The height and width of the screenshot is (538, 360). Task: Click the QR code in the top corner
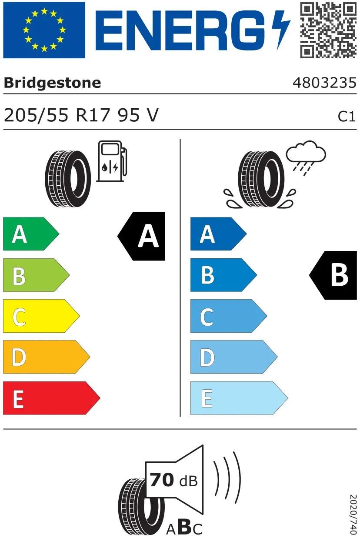click(x=328, y=30)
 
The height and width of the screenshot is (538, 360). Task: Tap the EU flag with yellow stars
click(x=44, y=30)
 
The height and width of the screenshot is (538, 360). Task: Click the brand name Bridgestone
click(x=52, y=83)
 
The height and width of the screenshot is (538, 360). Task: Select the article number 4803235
click(x=324, y=83)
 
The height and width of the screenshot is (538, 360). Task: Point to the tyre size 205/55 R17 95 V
click(x=81, y=115)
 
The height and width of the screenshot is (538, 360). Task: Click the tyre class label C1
click(x=347, y=117)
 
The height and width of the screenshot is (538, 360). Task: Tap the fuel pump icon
click(x=112, y=161)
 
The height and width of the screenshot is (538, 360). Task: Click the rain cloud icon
click(x=306, y=158)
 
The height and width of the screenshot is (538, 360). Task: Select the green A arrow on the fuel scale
click(x=31, y=234)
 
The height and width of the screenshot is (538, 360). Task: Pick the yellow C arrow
click(x=41, y=316)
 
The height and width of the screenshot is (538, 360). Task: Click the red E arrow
click(x=52, y=398)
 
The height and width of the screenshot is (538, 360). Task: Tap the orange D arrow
click(x=47, y=357)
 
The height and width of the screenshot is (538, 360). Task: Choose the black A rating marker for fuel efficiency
click(x=141, y=236)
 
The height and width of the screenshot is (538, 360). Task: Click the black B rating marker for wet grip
click(x=333, y=275)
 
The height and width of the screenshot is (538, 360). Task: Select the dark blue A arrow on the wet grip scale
click(x=219, y=234)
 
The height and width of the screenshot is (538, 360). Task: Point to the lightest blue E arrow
click(x=239, y=398)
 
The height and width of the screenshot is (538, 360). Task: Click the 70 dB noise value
click(x=173, y=480)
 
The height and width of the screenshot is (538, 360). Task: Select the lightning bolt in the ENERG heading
click(x=281, y=30)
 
